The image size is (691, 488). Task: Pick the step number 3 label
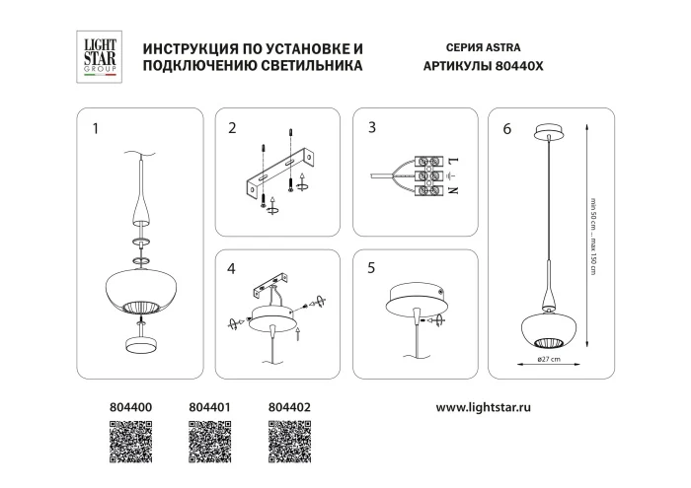point(371,127)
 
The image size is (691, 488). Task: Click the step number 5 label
point(371,266)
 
